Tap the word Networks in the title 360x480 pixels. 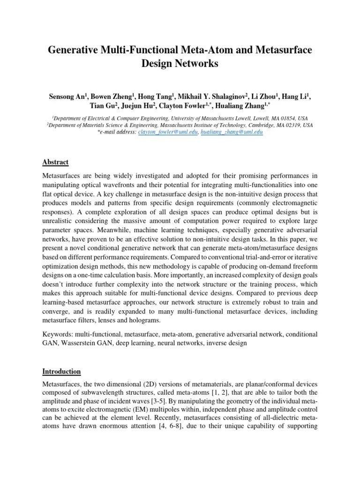tap(198, 64)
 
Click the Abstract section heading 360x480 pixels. tap(56, 162)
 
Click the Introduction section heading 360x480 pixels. tap(62, 371)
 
